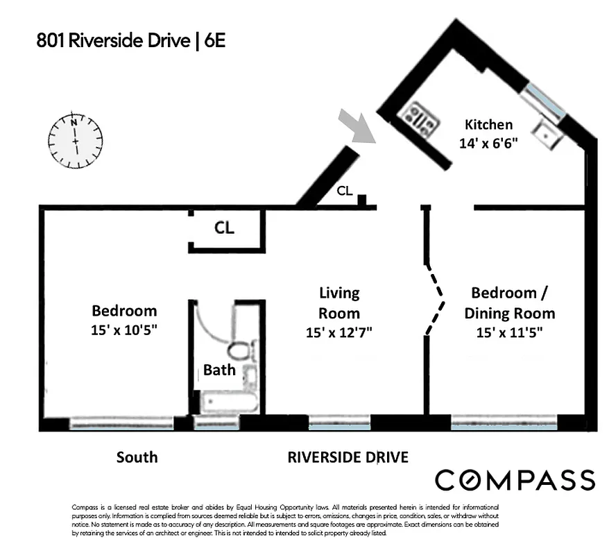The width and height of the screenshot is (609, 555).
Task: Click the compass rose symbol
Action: click(x=76, y=140)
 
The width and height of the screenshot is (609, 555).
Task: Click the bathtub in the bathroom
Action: click(x=228, y=401)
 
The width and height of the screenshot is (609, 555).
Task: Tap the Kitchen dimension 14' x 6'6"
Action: click(x=488, y=144)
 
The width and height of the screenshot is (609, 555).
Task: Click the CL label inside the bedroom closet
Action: click(x=223, y=229)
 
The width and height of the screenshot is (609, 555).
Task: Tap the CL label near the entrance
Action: click(x=344, y=191)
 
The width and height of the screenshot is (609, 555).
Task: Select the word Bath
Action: click(x=219, y=370)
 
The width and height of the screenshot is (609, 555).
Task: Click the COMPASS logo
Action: click(x=515, y=480)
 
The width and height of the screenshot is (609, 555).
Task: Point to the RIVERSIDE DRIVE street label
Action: click(x=348, y=457)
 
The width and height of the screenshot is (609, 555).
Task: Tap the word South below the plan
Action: click(x=137, y=457)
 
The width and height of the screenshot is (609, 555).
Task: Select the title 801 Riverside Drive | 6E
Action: click(x=131, y=41)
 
